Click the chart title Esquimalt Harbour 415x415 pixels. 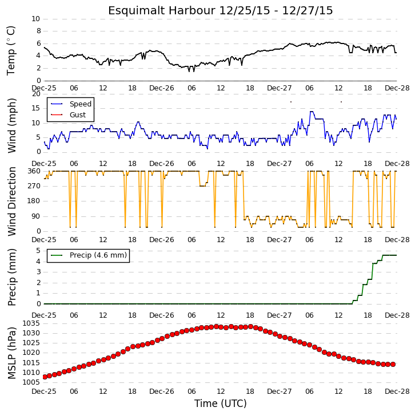tap(161, 11)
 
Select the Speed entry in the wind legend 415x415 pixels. tap(81, 104)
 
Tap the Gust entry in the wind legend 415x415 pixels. tap(78, 114)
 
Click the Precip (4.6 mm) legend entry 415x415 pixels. tap(98, 255)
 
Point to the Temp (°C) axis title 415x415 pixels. tap(11, 50)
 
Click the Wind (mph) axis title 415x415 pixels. tap(11, 125)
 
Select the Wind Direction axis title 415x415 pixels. tap(11, 201)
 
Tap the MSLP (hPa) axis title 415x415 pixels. tap(11, 353)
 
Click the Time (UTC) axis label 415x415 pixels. tap(221, 404)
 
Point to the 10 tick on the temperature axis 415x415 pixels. tap(36, 19)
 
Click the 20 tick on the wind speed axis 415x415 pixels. tap(36, 94)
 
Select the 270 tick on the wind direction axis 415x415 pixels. tap(34, 186)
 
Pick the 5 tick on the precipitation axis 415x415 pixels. tap(38, 251)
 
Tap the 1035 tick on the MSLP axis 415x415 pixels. tap(31, 323)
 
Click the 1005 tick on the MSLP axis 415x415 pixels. tap(31, 382)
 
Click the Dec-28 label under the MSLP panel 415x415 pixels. tap(397, 392)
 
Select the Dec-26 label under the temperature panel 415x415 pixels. tap(161, 88)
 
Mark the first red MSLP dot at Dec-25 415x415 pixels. tap(45, 377)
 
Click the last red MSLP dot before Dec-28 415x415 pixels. tap(393, 365)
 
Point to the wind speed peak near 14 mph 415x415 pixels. tap(312, 112)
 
